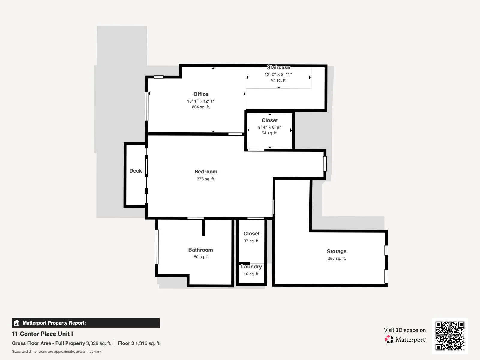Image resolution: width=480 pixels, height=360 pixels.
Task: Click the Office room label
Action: (201, 94)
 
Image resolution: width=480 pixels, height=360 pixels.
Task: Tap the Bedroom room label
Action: (206, 172)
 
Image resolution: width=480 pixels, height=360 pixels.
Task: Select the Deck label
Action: (136, 171)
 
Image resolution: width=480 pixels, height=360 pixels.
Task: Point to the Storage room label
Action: (337, 251)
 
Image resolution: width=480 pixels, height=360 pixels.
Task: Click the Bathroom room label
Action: (200, 250)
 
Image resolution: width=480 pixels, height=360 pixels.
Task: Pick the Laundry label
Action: (251, 267)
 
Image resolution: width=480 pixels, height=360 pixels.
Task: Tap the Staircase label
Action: (278, 67)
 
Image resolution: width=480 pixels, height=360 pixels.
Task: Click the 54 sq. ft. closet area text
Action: (270, 133)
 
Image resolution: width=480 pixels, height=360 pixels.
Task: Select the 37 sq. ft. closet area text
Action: (251, 241)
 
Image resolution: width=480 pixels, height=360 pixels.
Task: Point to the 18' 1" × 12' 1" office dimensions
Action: (201, 101)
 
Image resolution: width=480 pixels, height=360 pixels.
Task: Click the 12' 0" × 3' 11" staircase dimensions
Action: (278, 74)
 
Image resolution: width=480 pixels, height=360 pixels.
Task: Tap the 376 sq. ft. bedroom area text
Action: (206, 179)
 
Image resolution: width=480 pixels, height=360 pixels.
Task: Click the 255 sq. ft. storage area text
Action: (337, 258)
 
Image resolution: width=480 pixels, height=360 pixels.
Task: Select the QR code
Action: (450, 336)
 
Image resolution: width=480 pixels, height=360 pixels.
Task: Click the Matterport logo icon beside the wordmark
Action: (389, 340)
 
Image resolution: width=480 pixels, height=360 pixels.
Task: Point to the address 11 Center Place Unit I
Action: (42, 334)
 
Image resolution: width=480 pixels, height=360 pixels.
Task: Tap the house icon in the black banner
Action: (17, 323)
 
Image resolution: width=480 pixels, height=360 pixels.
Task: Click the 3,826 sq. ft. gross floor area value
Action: (99, 343)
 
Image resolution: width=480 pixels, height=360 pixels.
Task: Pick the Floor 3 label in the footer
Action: (126, 343)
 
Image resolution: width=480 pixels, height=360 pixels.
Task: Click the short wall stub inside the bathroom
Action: (204, 227)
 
